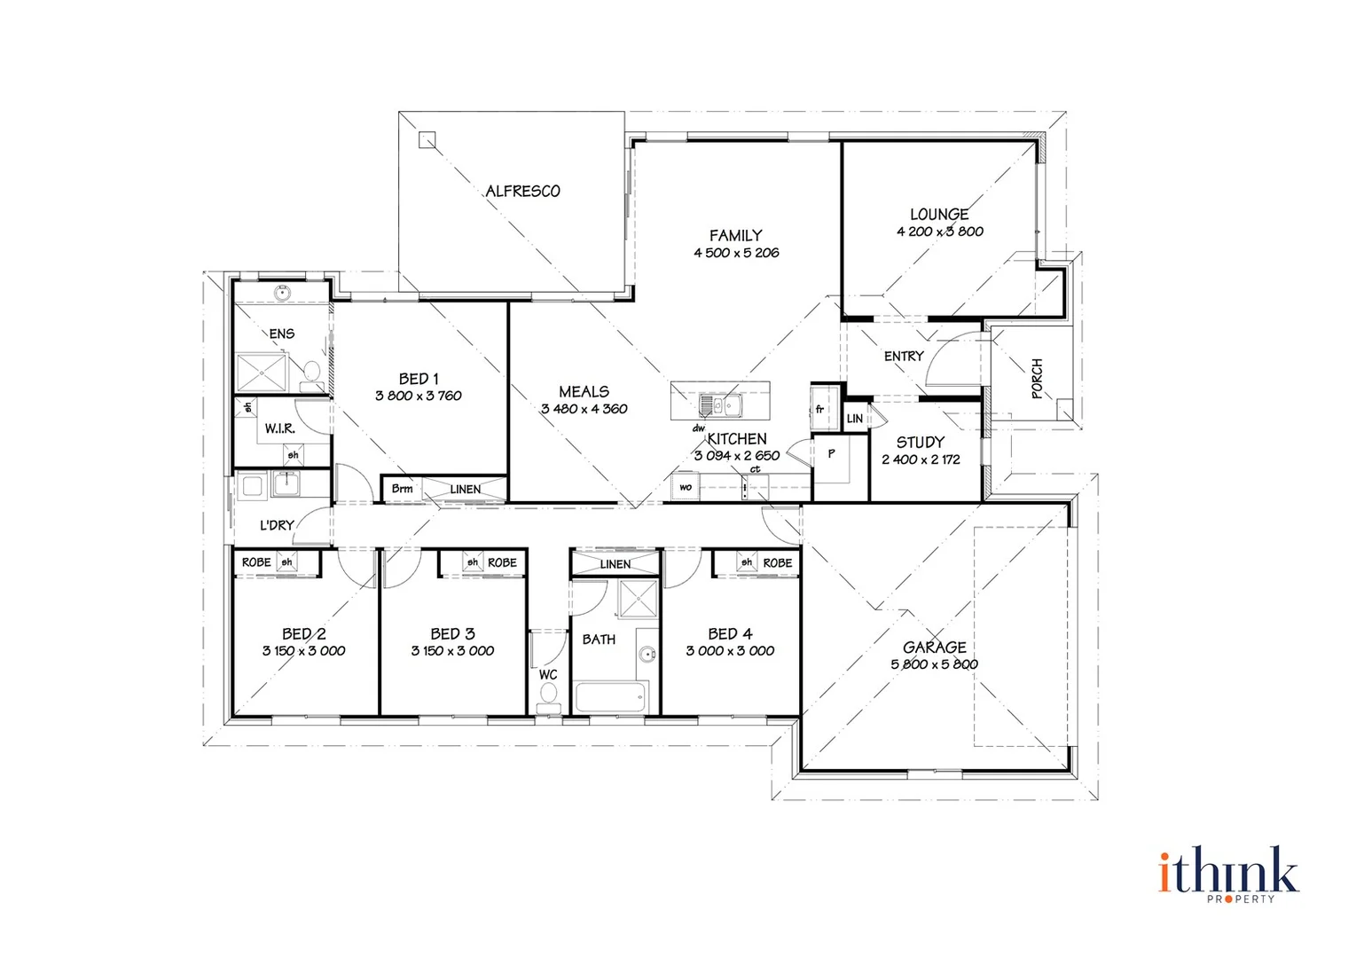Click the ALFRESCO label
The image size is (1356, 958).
pyautogui.click(x=522, y=191)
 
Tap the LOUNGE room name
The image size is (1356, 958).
pyautogui.click(x=939, y=214)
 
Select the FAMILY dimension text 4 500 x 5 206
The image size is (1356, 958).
pyautogui.click(x=736, y=253)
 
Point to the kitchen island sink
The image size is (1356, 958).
pyautogui.click(x=721, y=405)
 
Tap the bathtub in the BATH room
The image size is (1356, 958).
pyautogui.click(x=609, y=697)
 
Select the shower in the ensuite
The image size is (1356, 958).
pyautogui.click(x=263, y=372)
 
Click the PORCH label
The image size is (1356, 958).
pyautogui.click(x=1037, y=379)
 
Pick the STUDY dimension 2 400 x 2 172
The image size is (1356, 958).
pyautogui.click(x=921, y=459)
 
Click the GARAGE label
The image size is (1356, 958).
pyautogui.click(x=934, y=647)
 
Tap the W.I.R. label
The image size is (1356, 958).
pyautogui.click(x=279, y=428)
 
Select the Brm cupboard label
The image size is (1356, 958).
pyautogui.click(x=402, y=489)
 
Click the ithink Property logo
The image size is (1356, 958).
pyautogui.click(x=1228, y=874)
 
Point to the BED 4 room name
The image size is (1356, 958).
pyautogui.click(x=730, y=633)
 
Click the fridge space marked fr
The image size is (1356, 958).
pyautogui.click(x=820, y=409)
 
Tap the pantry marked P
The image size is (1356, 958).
pyautogui.click(x=831, y=454)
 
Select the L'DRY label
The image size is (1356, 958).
pyautogui.click(x=276, y=525)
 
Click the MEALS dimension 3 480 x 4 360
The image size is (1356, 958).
pyautogui.click(x=584, y=409)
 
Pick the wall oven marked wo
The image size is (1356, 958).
pyautogui.click(x=685, y=487)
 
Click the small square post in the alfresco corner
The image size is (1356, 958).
pyautogui.click(x=427, y=139)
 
